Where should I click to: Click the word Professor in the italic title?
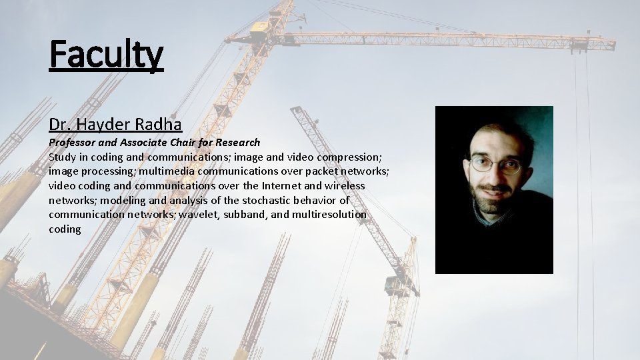[x=73, y=143]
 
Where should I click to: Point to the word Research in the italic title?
[x=237, y=143]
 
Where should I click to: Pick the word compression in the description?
[x=348, y=157]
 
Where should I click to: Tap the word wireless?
[x=345, y=186]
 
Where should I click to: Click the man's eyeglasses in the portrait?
[x=495, y=163]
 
